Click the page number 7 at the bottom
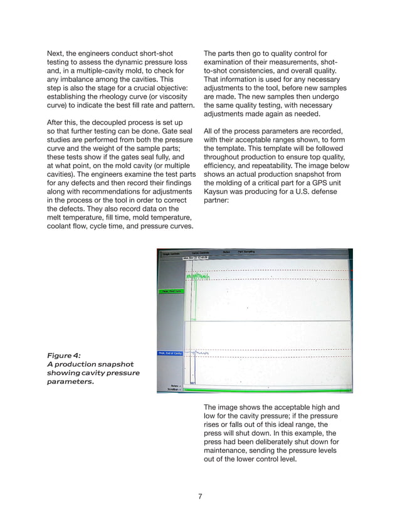(x=199, y=497)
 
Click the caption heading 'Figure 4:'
(x=64, y=355)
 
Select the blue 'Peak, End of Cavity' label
(x=169, y=354)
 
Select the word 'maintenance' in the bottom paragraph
(x=229, y=451)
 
